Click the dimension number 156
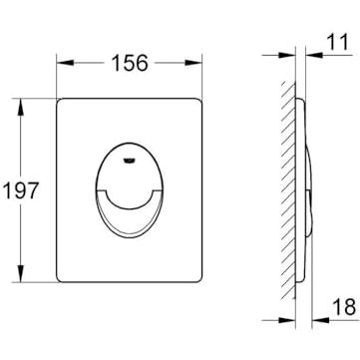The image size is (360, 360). click(130, 63)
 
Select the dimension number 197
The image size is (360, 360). click(21, 190)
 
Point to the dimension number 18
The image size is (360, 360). click(344, 307)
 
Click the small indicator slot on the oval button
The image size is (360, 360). click(129, 161)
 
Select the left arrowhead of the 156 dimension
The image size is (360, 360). click(65, 63)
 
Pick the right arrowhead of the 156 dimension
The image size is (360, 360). click(193, 63)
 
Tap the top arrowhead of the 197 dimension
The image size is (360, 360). click(21, 107)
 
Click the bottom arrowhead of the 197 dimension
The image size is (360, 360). click(21, 273)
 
